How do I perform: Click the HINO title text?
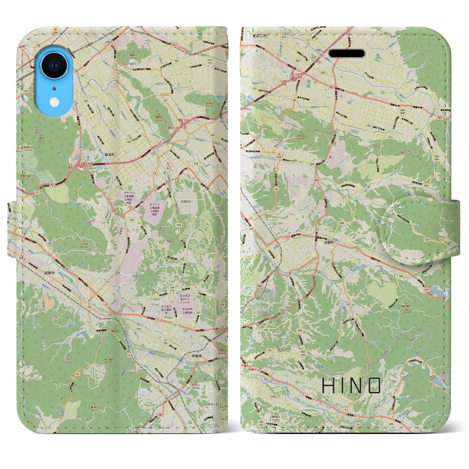click(x=351, y=385)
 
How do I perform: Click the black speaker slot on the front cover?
click(x=346, y=53)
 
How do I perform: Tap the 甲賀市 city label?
click(x=197, y=356)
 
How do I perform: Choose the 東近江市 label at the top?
click(x=259, y=36)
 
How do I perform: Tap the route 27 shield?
click(x=106, y=305)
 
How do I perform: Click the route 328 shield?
click(x=323, y=73)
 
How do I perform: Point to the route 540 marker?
click(x=264, y=330)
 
